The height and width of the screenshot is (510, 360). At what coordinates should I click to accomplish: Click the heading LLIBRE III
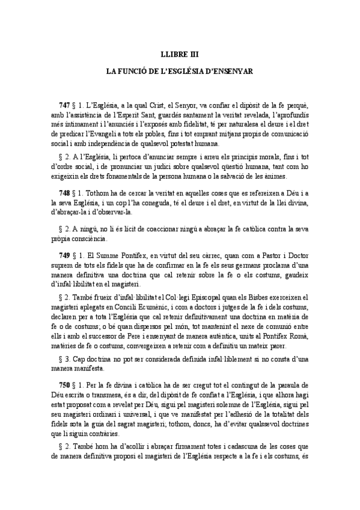pyautogui.click(x=180, y=53)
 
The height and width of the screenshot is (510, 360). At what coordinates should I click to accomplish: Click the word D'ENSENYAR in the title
pyautogui.click(x=229, y=70)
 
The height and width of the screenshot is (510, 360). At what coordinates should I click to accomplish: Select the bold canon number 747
pyautogui.click(x=64, y=106)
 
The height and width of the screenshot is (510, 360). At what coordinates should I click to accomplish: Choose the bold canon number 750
pyautogui.click(x=64, y=384)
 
